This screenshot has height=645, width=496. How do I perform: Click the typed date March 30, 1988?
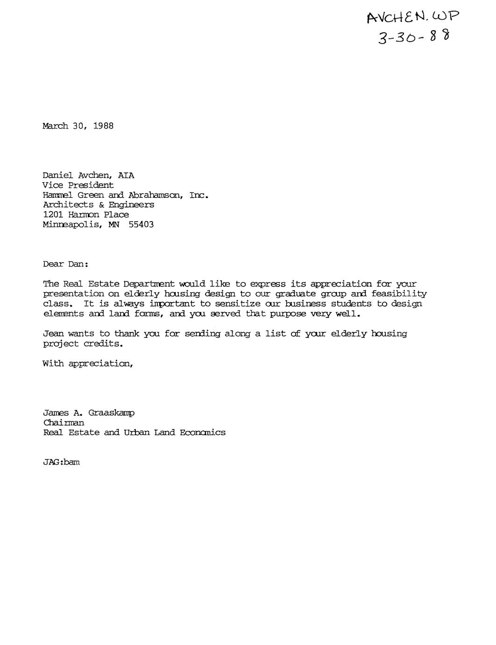pyautogui.click(x=78, y=126)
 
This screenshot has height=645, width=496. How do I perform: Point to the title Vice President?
pyautogui.click(x=78, y=186)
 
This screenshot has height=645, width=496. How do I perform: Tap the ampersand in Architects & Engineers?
pyautogui.click(x=101, y=205)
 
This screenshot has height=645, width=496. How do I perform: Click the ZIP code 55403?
pyautogui.click(x=141, y=225)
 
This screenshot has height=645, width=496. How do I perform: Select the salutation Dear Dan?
pyautogui.click(x=65, y=264)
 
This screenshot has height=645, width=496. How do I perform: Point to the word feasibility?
pyautogui.click(x=399, y=294)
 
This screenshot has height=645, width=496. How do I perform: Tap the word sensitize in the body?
pyautogui.click(x=237, y=304)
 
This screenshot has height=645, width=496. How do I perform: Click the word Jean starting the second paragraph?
pyautogui.click(x=53, y=334)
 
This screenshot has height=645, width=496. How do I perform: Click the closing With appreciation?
pyautogui.click(x=88, y=363)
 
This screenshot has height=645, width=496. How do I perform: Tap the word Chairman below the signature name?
pyautogui.click(x=64, y=423)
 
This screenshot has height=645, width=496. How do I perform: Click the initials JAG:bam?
pyautogui.click(x=61, y=462)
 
